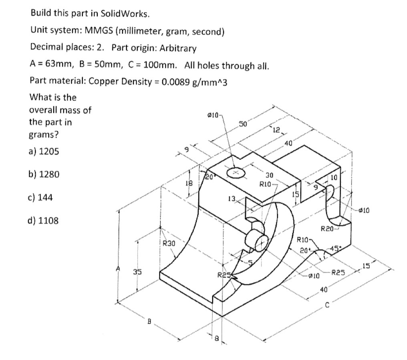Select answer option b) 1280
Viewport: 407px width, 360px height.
click(45, 175)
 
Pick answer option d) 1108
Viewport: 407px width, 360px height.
click(45, 220)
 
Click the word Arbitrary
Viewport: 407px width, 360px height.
click(178, 49)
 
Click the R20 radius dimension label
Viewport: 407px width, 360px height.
click(328, 229)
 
